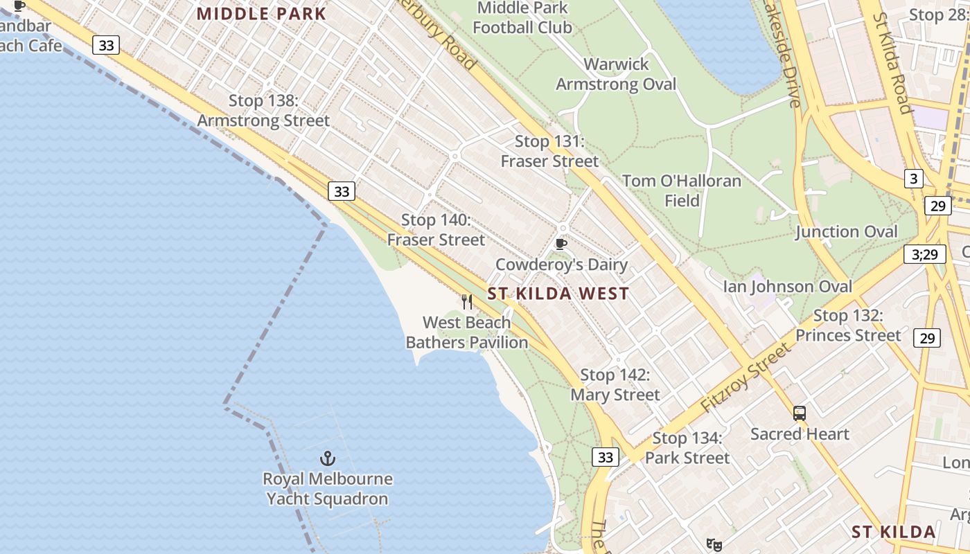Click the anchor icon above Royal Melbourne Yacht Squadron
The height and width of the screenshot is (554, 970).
327,458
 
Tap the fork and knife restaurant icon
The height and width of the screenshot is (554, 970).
467,302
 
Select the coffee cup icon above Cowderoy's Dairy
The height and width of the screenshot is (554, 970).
561,244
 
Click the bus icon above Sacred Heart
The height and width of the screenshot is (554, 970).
800,413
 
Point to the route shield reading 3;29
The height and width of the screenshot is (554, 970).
924,254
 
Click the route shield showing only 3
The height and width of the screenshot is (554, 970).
913,179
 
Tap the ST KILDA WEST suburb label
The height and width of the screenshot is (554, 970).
558,294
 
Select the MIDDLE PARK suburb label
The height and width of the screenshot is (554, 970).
261,14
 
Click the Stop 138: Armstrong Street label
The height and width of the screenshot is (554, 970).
263,111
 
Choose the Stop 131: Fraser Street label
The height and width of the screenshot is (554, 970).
549,152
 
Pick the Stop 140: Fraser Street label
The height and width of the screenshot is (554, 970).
436,231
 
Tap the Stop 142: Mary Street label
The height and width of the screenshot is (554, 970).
615,385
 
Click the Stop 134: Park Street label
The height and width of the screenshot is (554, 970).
687,448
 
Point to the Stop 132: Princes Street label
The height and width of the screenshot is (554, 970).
848,325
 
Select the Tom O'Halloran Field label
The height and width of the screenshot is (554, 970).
682,191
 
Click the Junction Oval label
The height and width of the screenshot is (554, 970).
846,232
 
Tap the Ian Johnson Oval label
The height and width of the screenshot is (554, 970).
788,287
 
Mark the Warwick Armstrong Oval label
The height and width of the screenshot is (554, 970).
616,75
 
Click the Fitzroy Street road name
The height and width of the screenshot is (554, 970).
745,378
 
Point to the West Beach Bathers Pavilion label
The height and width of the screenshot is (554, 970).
467,332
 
